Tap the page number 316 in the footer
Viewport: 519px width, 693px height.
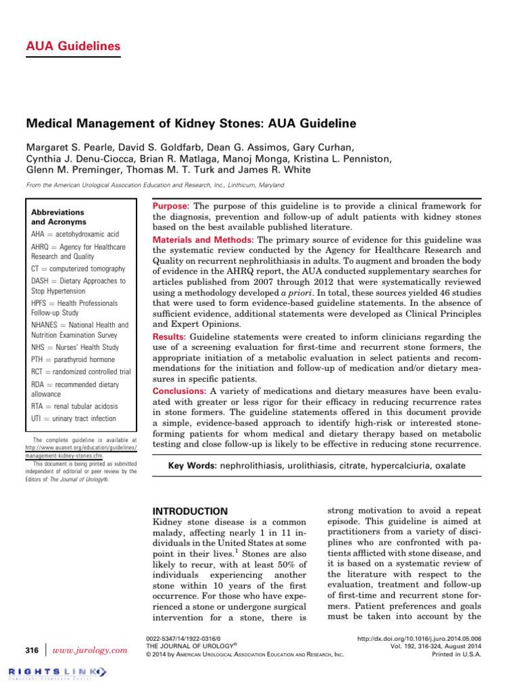[x=31, y=650]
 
